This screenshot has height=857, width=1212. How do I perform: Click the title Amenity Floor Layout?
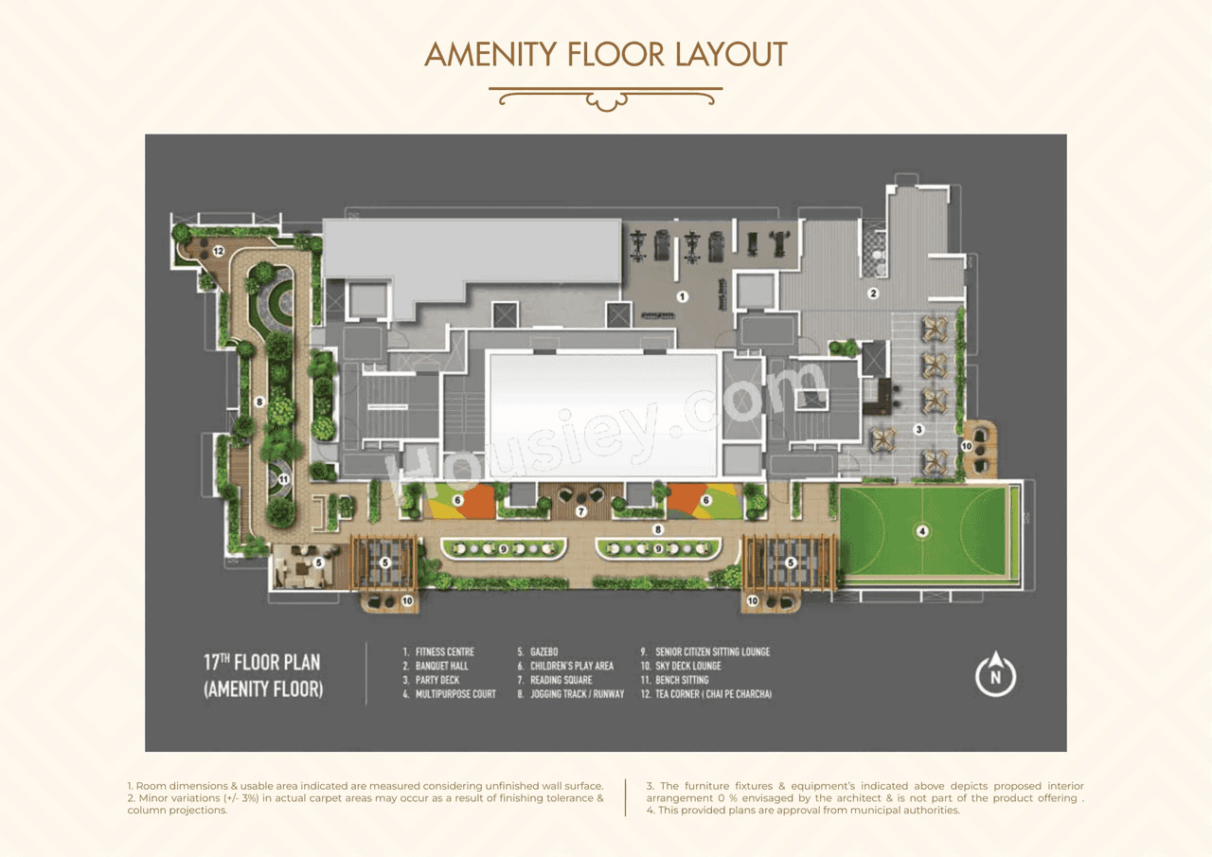pyautogui.click(x=606, y=54)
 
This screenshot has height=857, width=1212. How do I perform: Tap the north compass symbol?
pyautogui.click(x=996, y=676)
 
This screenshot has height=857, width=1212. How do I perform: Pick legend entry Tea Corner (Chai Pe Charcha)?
pyautogui.click(x=713, y=694)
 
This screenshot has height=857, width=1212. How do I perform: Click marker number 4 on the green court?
pyautogui.click(x=922, y=531)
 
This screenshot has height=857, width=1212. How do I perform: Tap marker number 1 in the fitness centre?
pyautogui.click(x=682, y=296)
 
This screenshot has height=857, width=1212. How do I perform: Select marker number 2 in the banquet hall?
pyautogui.click(x=873, y=294)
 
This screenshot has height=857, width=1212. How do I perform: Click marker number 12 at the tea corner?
pyautogui.click(x=218, y=251)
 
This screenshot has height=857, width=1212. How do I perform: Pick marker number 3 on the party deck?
pyautogui.click(x=918, y=429)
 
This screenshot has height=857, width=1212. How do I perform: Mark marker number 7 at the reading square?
pyautogui.click(x=581, y=511)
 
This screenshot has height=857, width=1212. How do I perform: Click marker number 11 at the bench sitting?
pyautogui.click(x=282, y=479)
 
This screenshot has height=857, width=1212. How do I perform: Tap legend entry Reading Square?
pyautogui.click(x=561, y=680)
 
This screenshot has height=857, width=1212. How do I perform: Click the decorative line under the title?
pyautogui.click(x=606, y=97)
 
